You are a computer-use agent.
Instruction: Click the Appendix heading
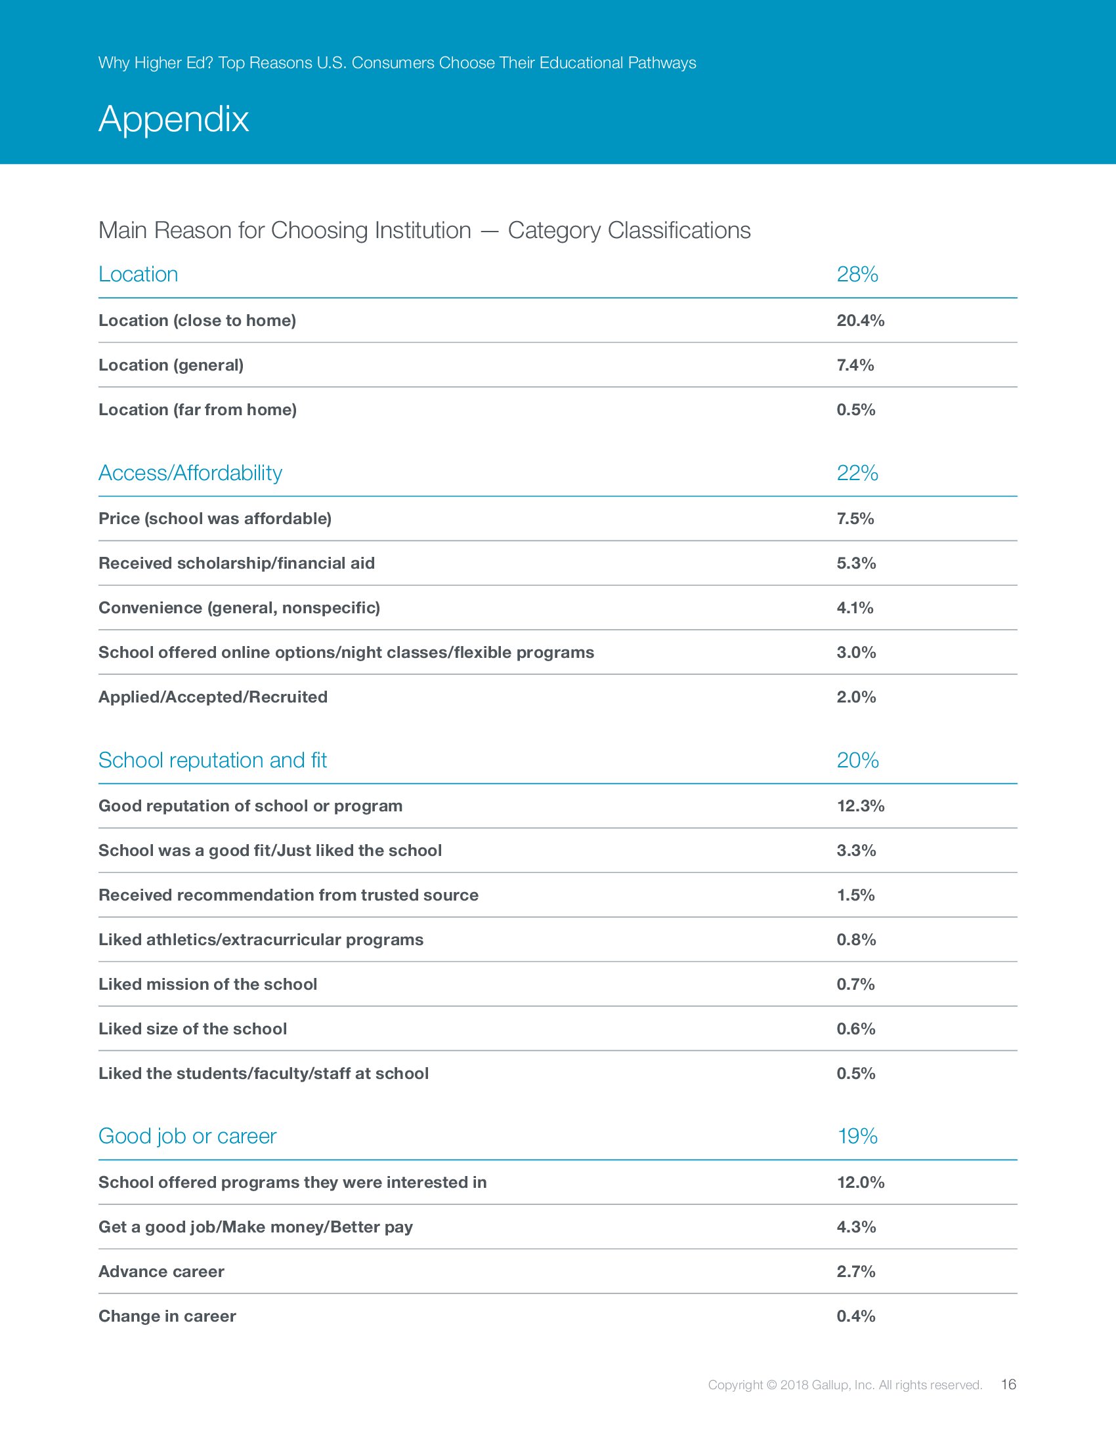click(173, 119)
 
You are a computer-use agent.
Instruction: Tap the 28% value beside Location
click(857, 274)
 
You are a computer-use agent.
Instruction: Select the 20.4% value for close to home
click(860, 321)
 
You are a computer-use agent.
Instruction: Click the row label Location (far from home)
click(197, 410)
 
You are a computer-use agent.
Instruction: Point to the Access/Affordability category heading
click(190, 473)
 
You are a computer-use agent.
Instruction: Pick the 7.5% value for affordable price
click(855, 519)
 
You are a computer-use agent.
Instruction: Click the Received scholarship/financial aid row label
click(236, 563)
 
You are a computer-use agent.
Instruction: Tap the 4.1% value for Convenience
click(855, 608)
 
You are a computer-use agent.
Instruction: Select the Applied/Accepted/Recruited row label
click(213, 697)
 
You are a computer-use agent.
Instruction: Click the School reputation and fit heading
click(212, 760)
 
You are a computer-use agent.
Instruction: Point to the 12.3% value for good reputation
click(860, 806)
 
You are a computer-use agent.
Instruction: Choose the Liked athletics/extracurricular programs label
click(261, 939)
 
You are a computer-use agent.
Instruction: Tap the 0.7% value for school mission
click(855, 985)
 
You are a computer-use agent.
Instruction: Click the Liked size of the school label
click(192, 1028)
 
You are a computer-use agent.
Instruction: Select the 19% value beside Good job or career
click(857, 1137)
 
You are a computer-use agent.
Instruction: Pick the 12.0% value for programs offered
click(860, 1182)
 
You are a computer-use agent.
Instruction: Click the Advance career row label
click(161, 1271)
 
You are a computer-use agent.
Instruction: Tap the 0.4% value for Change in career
click(855, 1316)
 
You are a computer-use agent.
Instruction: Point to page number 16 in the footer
click(1008, 1384)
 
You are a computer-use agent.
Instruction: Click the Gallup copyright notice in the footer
click(844, 1385)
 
